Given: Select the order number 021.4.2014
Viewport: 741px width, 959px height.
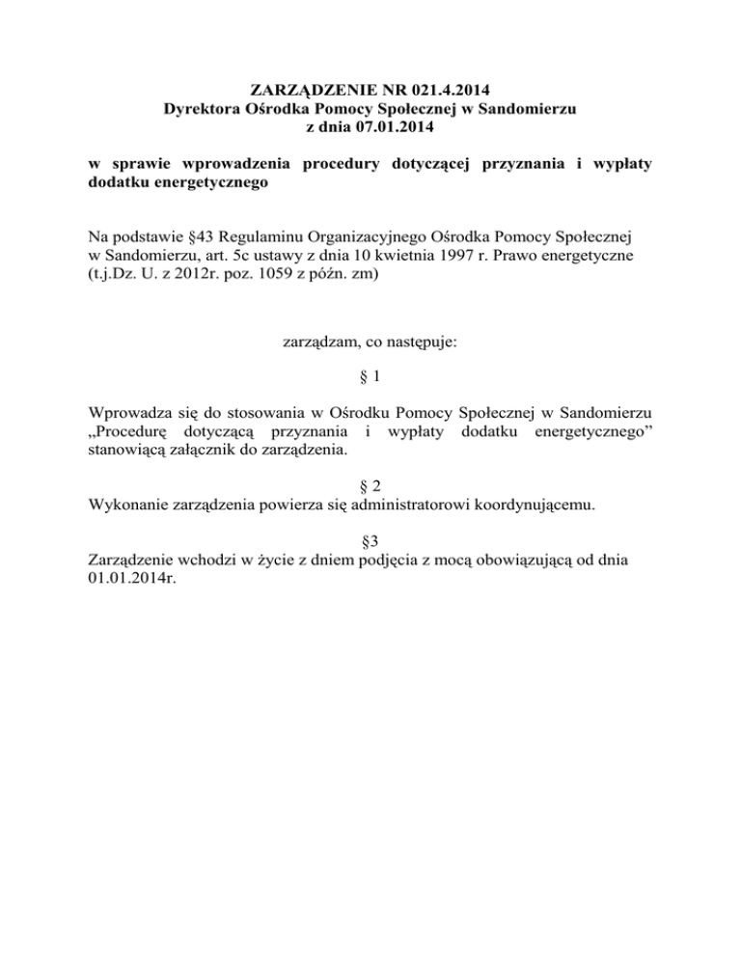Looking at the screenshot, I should (x=437, y=93).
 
